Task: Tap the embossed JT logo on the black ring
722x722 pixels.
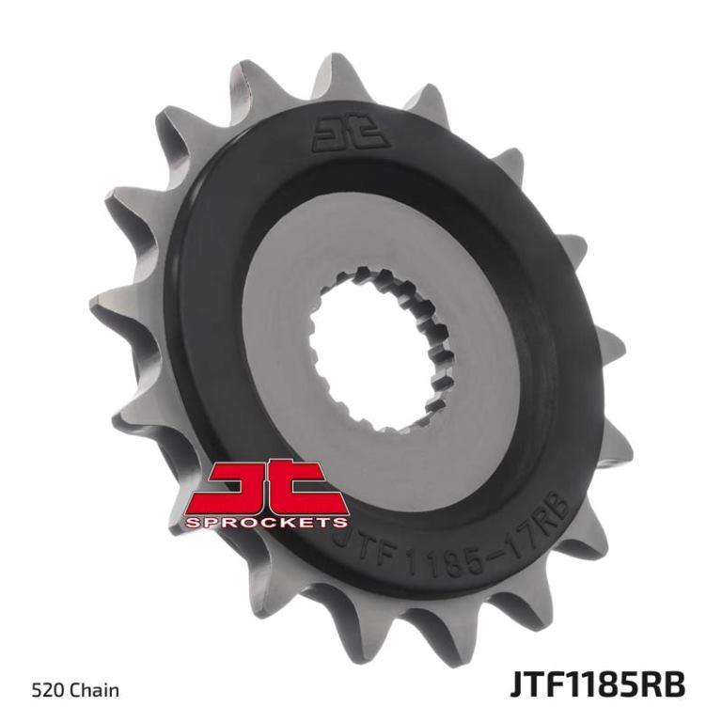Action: point(351,133)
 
